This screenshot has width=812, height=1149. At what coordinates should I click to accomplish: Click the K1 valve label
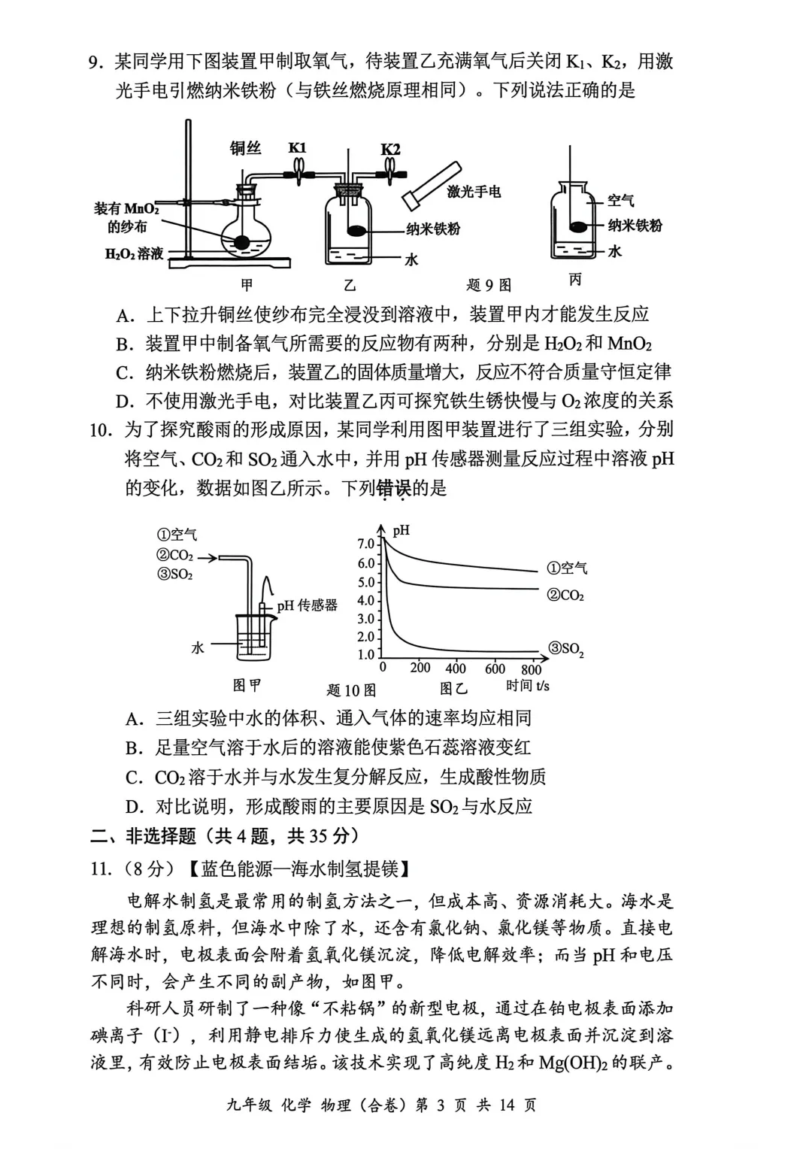pyautogui.click(x=298, y=148)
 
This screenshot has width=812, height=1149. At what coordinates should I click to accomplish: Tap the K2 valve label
pyautogui.click(x=390, y=149)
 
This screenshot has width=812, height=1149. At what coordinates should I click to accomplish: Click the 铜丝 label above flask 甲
pyautogui.click(x=245, y=148)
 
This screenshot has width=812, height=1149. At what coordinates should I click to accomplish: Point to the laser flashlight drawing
pyautogui.click(x=430, y=185)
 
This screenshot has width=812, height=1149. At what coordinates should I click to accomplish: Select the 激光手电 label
pyautogui.click(x=474, y=192)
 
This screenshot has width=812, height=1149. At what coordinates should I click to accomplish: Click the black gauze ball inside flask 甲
pyautogui.click(x=242, y=242)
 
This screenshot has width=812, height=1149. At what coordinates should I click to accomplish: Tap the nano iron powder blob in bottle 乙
pyautogui.click(x=358, y=231)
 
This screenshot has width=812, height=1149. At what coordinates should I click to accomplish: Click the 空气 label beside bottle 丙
pyautogui.click(x=621, y=201)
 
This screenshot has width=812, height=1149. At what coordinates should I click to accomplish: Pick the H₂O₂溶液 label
pyautogui.click(x=134, y=254)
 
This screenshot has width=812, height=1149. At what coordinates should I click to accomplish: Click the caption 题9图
pyautogui.click(x=489, y=285)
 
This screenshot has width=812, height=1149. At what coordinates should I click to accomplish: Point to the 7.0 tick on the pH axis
pyautogui.click(x=366, y=544)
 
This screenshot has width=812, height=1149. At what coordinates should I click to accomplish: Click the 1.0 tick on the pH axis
pyautogui.click(x=366, y=655)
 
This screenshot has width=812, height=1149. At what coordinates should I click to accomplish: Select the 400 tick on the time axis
pyautogui.click(x=456, y=668)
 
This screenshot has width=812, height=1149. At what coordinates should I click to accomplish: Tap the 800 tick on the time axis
pyautogui.click(x=531, y=669)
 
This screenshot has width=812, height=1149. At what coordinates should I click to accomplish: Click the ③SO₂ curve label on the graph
pyautogui.click(x=566, y=649)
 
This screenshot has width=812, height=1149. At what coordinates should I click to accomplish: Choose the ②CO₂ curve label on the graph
pyautogui.click(x=565, y=596)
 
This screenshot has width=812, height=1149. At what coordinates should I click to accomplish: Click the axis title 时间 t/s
pyautogui.click(x=528, y=686)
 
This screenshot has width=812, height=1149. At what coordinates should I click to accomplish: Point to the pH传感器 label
pyautogui.click(x=307, y=605)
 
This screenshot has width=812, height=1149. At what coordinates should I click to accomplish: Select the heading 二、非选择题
pyautogui.click(x=143, y=835)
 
